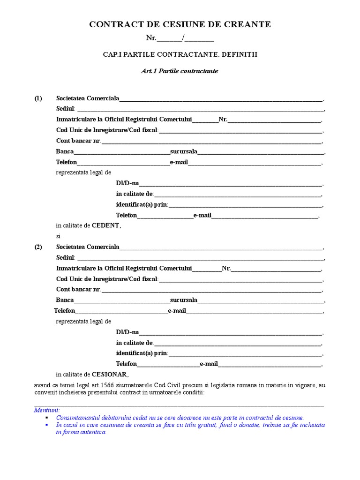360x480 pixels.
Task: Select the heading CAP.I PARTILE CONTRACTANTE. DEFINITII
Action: click(x=180, y=54)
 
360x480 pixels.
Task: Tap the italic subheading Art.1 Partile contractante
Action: click(x=180, y=71)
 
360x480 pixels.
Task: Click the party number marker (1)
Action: click(x=38, y=98)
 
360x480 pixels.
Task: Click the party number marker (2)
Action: click(x=38, y=247)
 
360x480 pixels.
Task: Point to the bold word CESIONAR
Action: click(x=109, y=375)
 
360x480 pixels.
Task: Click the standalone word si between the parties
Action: click(x=59, y=236)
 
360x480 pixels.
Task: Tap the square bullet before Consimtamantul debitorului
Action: click(x=47, y=417)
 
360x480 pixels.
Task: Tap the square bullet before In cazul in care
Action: click(x=47, y=424)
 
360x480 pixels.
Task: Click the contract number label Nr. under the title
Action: click(x=151, y=38)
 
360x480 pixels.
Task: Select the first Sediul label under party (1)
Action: click(x=65, y=109)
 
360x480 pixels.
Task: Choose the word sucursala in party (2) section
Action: click(x=184, y=300)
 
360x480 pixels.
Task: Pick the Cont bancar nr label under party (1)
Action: click(x=78, y=141)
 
